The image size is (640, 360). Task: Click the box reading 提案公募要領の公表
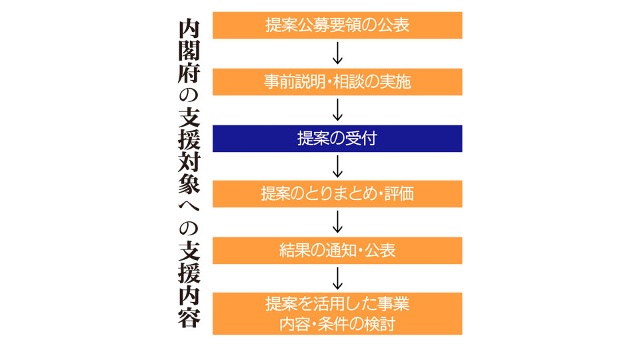tap(337, 25)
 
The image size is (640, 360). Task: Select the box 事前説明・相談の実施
tap(337, 82)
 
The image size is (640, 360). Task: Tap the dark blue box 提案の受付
tap(337, 139)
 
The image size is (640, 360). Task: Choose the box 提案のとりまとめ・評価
tap(337, 194)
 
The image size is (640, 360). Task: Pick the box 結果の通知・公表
tap(337, 251)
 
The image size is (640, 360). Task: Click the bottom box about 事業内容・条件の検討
tap(337, 313)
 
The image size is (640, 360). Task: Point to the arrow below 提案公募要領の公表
tap(337, 53)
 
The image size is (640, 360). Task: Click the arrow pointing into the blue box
tap(337, 110)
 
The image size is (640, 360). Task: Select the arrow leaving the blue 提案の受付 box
tap(337, 167)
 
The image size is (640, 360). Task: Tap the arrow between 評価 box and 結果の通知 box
tap(337, 222)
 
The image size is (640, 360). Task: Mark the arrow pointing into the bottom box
tap(337, 279)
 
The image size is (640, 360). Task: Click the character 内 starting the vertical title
tap(189, 29)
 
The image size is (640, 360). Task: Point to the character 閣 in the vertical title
tap(189, 51)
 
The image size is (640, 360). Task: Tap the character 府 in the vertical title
tap(189, 73)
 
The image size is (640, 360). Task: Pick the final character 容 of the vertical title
tap(189, 318)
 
